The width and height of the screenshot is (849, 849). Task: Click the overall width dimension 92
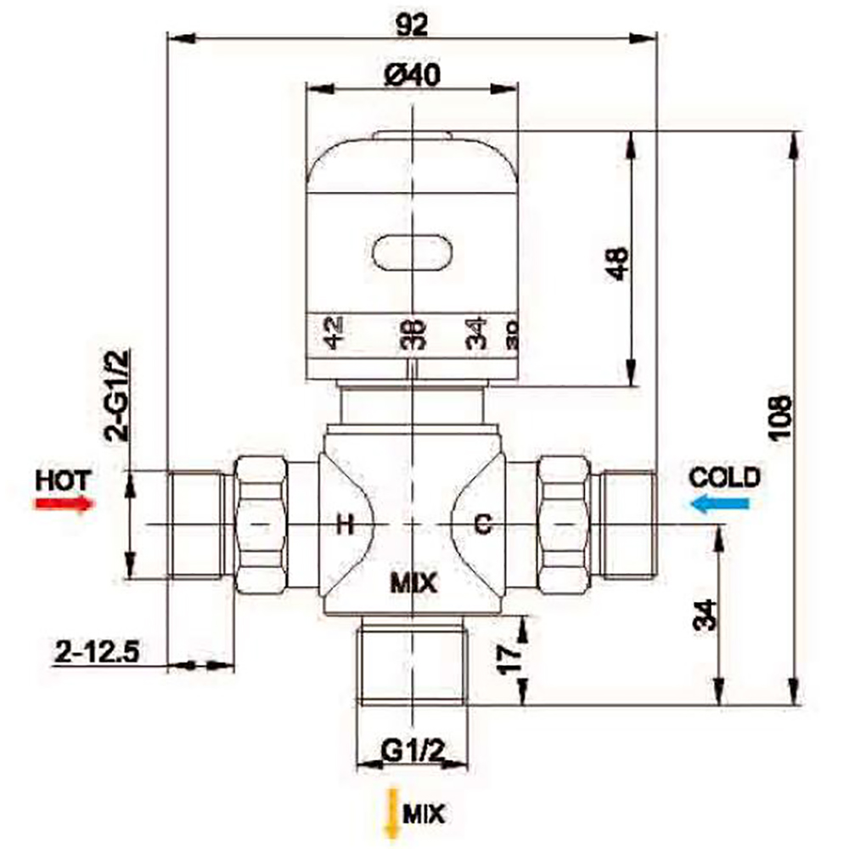coord(412,25)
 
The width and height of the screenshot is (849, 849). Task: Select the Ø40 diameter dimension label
coord(411,76)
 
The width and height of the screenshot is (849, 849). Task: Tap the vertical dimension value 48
coord(617,264)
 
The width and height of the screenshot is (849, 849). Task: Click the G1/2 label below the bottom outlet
coord(413,751)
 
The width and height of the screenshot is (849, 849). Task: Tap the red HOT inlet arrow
coord(64,503)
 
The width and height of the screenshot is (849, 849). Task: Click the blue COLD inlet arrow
coord(720,504)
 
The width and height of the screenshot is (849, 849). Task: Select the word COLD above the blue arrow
coord(724,477)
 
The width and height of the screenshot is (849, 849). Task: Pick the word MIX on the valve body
coord(413,583)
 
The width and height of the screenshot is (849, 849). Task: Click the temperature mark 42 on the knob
coord(333,332)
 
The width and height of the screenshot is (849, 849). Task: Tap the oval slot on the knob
coord(412,252)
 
